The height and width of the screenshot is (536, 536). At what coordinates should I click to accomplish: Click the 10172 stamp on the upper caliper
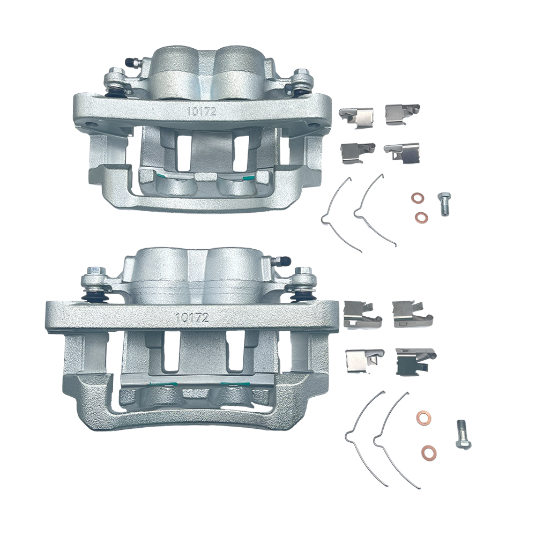202,111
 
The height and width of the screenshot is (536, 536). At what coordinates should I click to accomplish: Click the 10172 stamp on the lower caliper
192,317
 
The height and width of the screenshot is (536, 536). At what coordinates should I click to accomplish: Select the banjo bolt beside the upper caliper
443,204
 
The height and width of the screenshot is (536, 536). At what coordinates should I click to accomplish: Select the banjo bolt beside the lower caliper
463,435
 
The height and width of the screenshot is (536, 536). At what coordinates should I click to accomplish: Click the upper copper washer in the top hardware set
416,198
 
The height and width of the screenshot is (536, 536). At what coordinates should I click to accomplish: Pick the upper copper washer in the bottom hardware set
423,418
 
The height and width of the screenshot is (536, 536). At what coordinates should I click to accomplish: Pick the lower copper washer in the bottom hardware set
429,452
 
